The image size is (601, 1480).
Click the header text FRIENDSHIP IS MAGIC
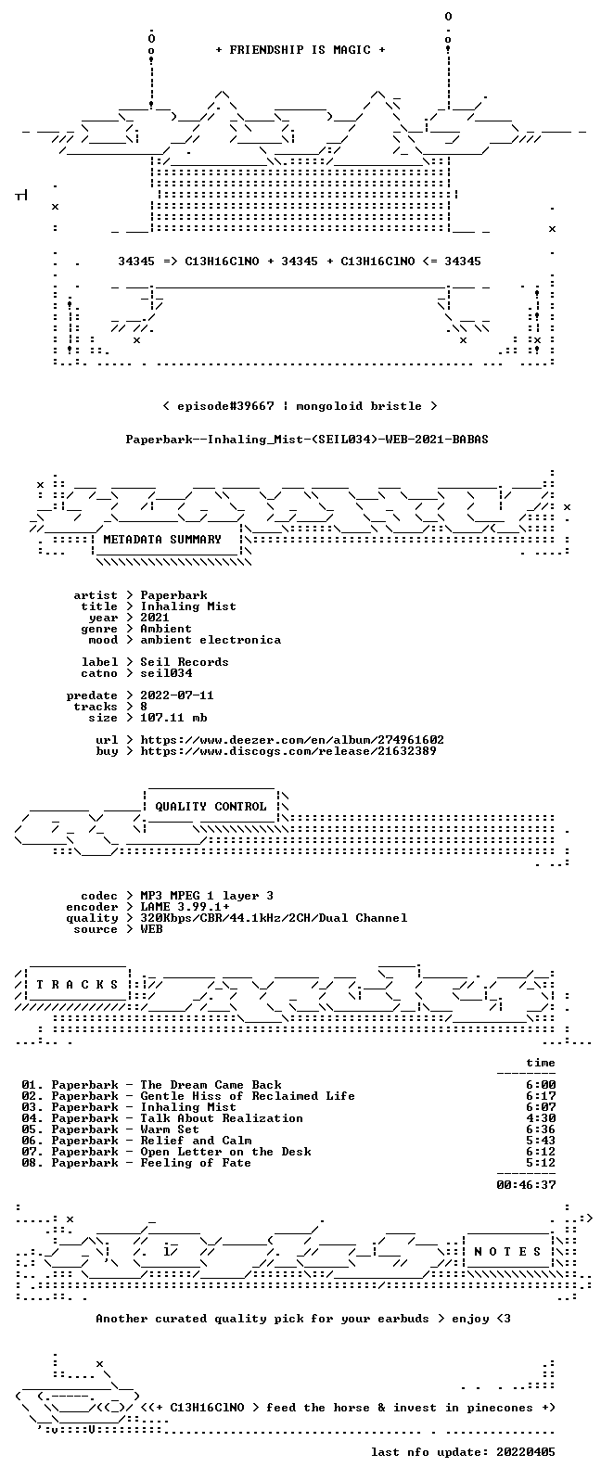(300, 49)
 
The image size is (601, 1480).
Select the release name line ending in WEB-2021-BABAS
(307, 439)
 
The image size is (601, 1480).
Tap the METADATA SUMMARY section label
(162, 539)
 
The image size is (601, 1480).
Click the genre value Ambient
(166, 629)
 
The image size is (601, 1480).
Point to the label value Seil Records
(185, 661)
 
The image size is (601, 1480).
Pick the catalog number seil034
(166, 672)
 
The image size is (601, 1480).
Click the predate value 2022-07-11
(177, 695)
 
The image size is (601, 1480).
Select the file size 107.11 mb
(173, 718)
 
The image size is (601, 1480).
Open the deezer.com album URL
(292, 739)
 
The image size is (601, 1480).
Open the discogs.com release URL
(288, 750)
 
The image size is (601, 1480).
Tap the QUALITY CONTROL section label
(211, 806)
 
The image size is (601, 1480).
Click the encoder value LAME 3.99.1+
(185, 907)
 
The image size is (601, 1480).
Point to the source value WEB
(151, 929)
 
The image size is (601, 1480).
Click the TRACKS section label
(77, 985)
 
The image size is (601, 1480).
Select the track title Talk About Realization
(222, 1118)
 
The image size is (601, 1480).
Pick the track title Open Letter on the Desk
(225, 1152)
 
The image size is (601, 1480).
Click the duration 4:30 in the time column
(541, 1118)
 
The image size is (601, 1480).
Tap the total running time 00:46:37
(526, 1185)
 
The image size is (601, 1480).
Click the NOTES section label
(507, 1251)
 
